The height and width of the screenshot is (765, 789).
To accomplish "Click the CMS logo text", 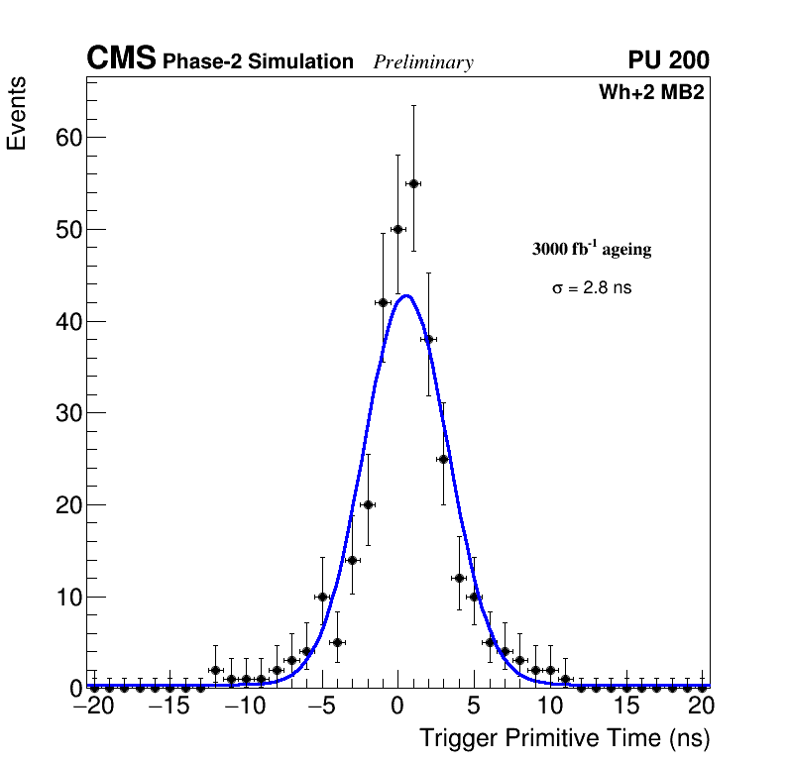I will tap(121, 59).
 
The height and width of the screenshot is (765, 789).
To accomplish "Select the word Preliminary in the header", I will tap(423, 62).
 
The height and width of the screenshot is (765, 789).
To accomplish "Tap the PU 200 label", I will tap(668, 60).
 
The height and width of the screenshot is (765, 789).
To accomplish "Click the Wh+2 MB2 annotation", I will tap(651, 93).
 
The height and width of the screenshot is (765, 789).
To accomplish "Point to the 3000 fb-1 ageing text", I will tap(592, 249).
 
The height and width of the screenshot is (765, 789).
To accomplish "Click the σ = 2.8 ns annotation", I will tap(592, 288).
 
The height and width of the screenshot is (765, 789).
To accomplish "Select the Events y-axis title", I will tap(17, 114).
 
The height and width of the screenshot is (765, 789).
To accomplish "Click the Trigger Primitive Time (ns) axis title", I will tap(564, 738).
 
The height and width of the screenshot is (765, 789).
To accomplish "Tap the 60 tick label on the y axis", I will tap(67, 137).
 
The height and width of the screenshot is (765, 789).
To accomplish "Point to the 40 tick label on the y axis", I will tap(67, 321).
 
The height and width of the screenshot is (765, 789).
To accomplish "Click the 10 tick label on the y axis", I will tap(67, 597).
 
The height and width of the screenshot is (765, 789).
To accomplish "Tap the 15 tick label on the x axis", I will tap(625, 706).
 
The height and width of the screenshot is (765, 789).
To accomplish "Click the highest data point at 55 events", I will tap(413, 183).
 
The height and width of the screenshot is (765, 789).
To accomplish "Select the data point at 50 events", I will tap(397, 229).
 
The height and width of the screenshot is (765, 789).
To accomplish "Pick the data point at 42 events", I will tap(383, 302).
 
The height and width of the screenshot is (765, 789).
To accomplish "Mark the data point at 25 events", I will tap(443, 459).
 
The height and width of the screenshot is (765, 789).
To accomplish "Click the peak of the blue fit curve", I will tap(405, 295).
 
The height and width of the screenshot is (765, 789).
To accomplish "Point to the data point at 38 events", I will tap(428, 339).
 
